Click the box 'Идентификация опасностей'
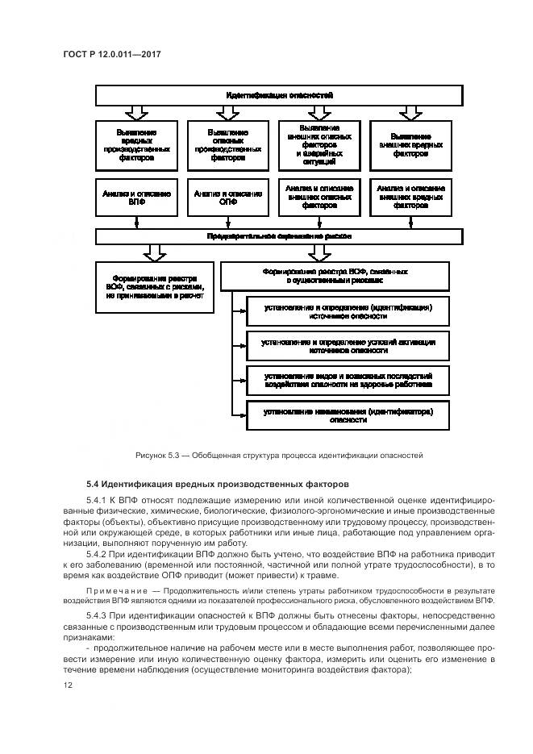click(x=279, y=95)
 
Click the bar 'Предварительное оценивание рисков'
click(x=279, y=236)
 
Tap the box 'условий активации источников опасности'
click(x=348, y=347)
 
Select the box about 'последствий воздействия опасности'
click(x=348, y=381)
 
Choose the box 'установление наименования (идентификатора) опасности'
click(x=348, y=414)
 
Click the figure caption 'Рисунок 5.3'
click(x=279, y=455)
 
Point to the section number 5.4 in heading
click(x=92, y=485)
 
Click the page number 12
click(x=68, y=685)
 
